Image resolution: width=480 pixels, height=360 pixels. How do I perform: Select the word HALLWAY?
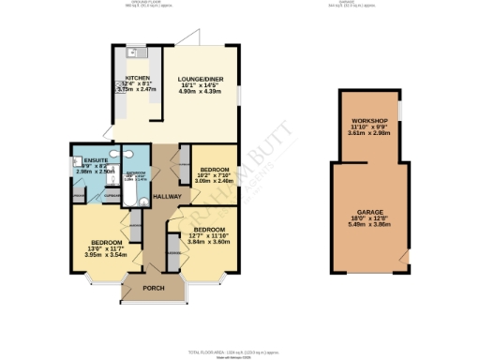(x=167, y=196)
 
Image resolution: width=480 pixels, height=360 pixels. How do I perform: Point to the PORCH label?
(x=154, y=288)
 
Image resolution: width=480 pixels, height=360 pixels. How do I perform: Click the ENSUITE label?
(x=82, y=160)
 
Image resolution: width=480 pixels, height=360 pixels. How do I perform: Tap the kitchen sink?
(x=134, y=53)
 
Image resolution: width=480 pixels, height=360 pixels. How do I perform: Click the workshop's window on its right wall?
(x=400, y=111)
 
